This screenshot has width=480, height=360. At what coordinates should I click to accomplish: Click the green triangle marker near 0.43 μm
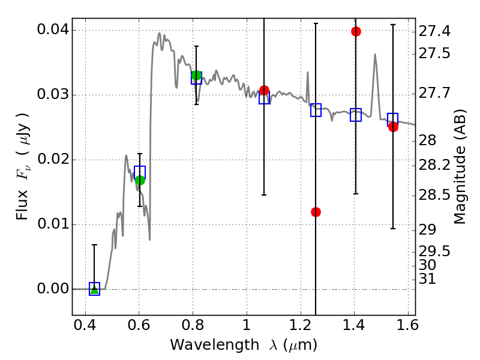(94, 290)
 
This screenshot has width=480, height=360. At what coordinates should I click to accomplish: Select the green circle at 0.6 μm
(140, 180)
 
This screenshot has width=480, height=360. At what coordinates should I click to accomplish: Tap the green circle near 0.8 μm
(196, 76)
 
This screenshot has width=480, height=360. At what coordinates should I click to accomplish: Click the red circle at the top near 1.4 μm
(356, 31)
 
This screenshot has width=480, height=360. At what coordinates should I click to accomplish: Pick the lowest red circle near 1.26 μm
(316, 212)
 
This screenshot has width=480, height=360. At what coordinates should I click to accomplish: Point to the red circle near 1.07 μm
(264, 91)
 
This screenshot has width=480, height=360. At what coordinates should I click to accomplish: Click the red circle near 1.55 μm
(393, 127)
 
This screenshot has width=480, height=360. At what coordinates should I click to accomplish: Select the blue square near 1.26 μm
(316, 110)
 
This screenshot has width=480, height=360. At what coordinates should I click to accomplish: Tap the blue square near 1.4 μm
(356, 115)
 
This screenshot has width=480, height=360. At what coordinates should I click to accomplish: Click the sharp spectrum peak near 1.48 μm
(375, 55)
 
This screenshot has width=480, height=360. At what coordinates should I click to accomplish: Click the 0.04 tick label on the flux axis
(52, 30)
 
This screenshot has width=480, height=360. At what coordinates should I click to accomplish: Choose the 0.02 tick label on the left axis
(52, 160)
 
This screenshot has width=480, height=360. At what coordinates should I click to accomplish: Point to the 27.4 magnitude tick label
(435, 30)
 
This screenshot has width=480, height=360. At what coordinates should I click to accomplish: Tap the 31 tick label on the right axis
(428, 279)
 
